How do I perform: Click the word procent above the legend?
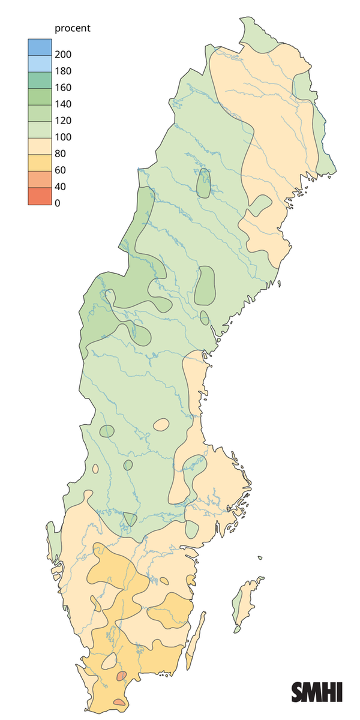[72, 28]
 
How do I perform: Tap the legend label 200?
[63, 55]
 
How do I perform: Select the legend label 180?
[63, 71]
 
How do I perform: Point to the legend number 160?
[63, 88]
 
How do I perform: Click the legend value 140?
[63, 104]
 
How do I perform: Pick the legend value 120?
[63, 121]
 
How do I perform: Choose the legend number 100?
[63, 137]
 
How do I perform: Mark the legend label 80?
[61, 154]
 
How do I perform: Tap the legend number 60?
[61, 170]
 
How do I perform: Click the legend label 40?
[61, 187]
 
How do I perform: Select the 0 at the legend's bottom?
[58, 203]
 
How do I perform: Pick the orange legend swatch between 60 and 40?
[39, 178]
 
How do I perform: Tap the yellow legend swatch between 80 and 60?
[39, 162]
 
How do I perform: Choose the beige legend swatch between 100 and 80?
[39, 145]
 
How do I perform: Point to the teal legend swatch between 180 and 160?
[39, 79]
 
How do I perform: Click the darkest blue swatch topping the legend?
[39, 46]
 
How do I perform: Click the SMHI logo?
[317, 692]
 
